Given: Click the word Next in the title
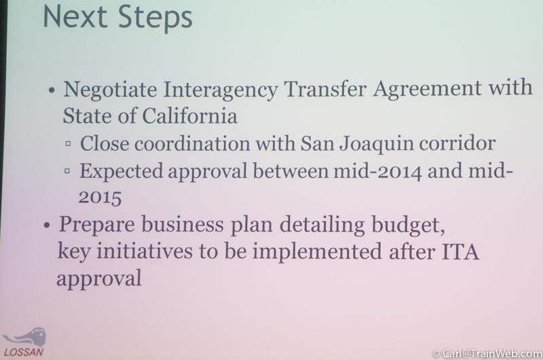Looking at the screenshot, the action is tap(75, 16).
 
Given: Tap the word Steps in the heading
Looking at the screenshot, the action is tap(155, 18).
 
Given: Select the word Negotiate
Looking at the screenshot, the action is tap(110, 90).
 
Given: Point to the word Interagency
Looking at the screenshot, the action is tap(220, 90).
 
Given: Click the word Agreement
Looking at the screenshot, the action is tap(427, 88).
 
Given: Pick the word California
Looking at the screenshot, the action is tap(190, 115).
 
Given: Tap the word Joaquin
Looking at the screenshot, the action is tap(377, 143).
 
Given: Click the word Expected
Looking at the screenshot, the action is tap(121, 171).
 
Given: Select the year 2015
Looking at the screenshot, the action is tap(100, 198).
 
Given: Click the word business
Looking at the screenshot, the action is tap(183, 224).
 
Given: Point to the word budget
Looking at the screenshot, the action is tap(409, 226).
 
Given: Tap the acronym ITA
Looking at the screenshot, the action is tap(461, 251).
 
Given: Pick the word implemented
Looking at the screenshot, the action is tap(317, 252).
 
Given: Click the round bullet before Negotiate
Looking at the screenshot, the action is tap(52, 91).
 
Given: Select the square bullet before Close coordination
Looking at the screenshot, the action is tap(69, 143).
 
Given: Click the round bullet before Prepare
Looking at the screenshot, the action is tap(47, 226).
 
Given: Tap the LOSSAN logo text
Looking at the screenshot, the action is tap(24, 352).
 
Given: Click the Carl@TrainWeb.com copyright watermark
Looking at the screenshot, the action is tap(487, 353).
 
